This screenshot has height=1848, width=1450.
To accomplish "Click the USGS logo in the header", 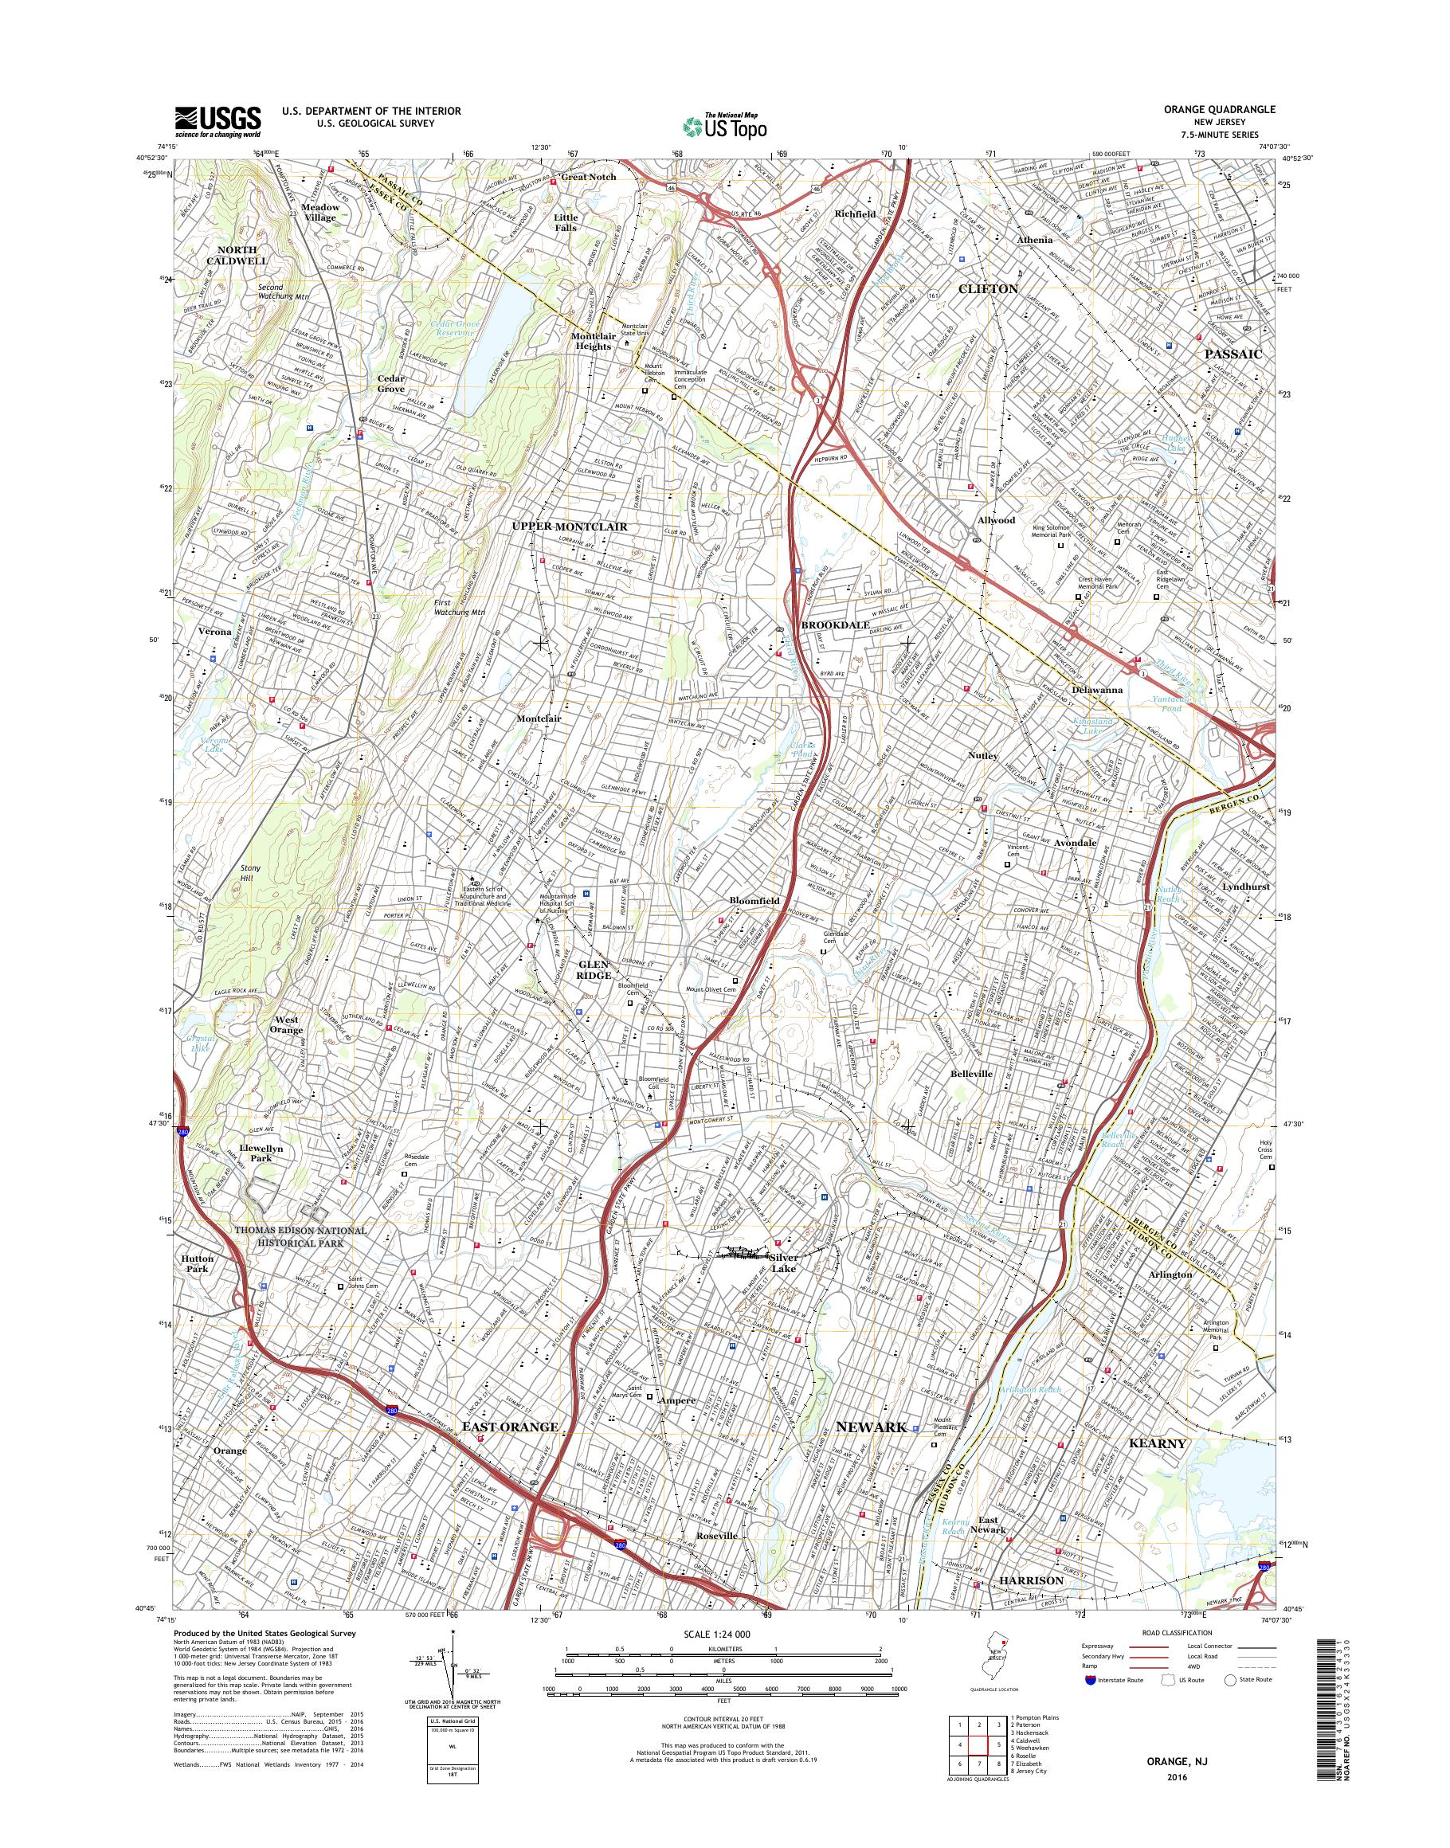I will [x=217, y=121].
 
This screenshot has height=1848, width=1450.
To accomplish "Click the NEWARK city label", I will [x=872, y=1427].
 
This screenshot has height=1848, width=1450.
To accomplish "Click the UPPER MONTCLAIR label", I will [x=569, y=527].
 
